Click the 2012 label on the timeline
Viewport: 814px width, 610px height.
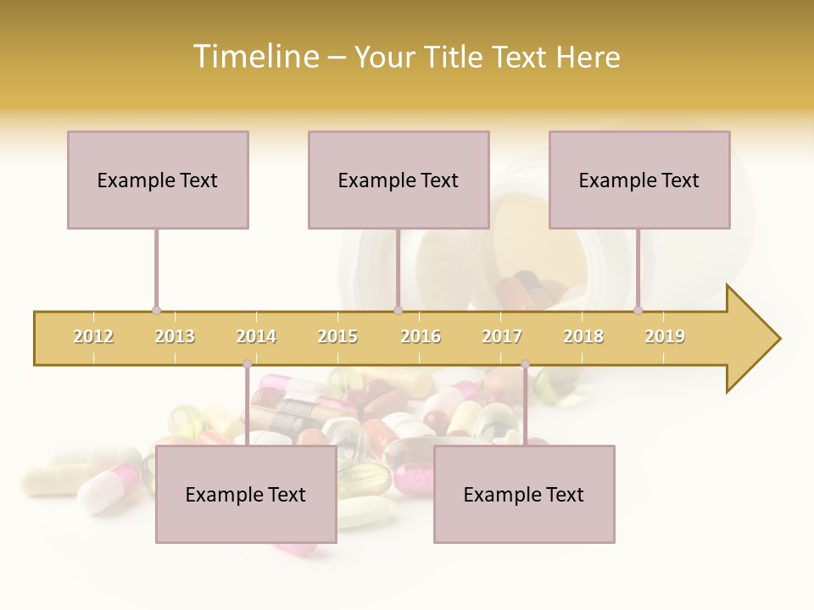(93, 336)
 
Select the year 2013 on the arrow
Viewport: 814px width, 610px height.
(175, 336)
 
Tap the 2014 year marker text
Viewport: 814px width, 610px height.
(256, 336)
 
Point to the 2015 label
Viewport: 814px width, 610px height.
(337, 336)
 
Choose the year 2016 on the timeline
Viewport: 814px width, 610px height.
(421, 336)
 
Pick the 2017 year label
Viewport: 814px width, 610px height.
(502, 336)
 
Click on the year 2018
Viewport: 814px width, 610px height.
(583, 336)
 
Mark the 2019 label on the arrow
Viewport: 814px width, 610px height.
(665, 336)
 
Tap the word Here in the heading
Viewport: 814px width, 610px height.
(588, 57)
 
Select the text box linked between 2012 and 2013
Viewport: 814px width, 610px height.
(158, 180)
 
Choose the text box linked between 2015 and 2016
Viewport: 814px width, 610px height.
(399, 180)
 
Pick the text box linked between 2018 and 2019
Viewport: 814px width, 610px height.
(639, 180)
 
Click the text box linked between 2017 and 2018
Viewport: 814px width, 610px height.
(524, 494)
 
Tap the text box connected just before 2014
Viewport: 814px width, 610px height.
(246, 494)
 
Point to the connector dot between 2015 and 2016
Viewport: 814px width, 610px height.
(399, 311)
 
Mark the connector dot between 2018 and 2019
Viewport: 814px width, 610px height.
(638, 311)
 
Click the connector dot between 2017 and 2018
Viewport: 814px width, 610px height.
(525, 364)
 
